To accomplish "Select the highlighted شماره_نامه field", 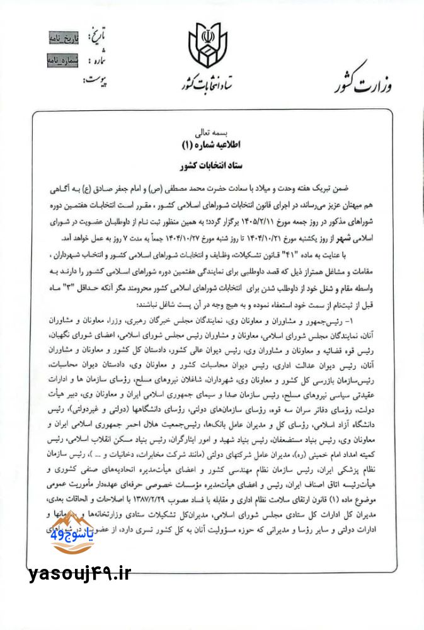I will pos(67,61).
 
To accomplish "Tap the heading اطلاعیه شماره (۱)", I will pos(212,146).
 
